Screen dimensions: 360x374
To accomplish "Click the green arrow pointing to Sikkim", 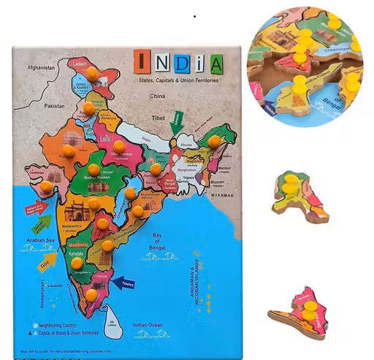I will point(176,123).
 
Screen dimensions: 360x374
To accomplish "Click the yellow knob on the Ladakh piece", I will point(92,73).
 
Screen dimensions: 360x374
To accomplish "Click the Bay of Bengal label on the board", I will point(156,240).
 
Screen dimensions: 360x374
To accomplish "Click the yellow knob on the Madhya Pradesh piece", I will point(93,169).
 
